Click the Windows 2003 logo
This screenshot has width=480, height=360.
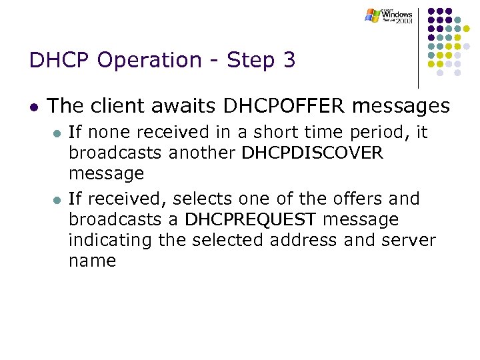coord(389,15)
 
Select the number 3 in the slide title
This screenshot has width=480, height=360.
coord(289,61)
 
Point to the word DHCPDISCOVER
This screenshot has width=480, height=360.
coord(313,153)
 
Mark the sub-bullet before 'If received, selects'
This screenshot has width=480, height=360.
coord(56,199)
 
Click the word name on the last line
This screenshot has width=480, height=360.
coord(92,261)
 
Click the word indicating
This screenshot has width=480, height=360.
coord(111,240)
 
